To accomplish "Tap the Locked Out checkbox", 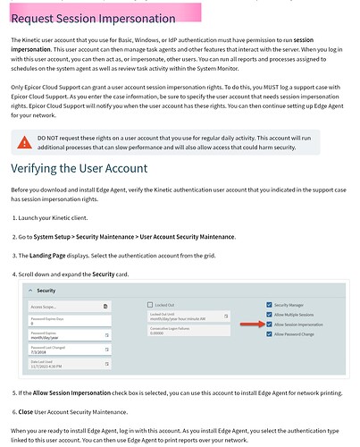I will pos(148,305).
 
